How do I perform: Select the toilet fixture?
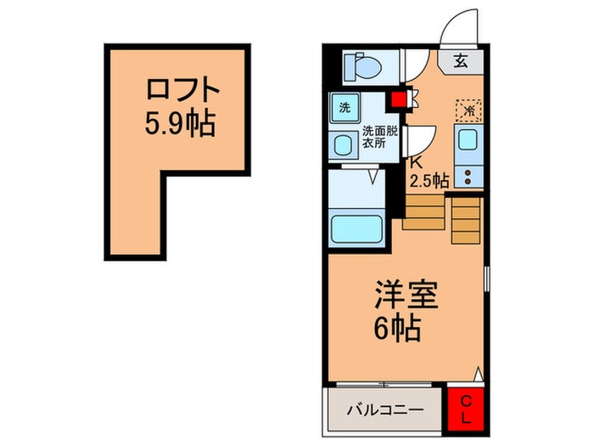[361, 65]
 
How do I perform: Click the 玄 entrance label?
[459, 61]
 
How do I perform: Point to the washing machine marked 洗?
[345, 108]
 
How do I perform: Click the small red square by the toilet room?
[397, 99]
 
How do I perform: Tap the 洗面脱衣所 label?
[379, 137]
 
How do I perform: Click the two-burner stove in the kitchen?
[468, 175]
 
